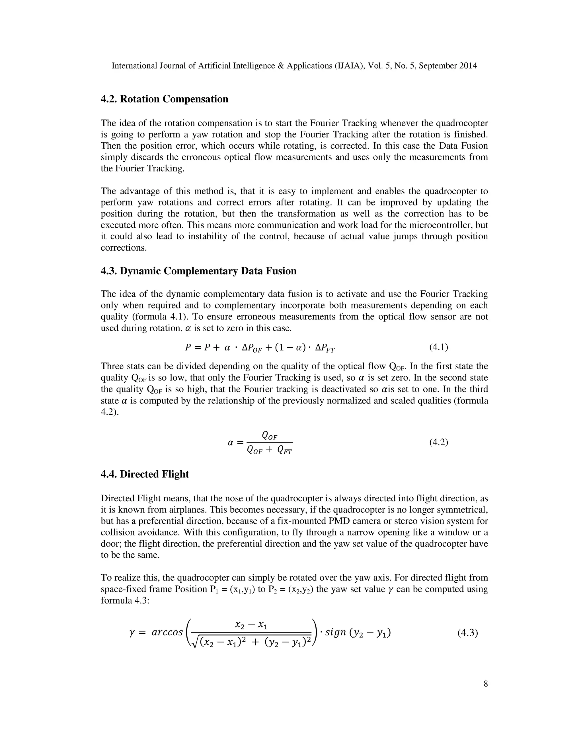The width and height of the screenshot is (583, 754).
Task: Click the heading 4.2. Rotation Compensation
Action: [165, 99]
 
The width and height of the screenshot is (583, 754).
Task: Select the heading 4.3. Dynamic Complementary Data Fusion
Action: [199, 271]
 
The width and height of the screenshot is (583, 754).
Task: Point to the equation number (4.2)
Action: [439, 442]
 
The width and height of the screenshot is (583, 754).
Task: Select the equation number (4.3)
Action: [468, 633]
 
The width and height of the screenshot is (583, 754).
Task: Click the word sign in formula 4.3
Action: [336, 633]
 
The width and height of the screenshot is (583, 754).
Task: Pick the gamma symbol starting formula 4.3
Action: [131, 633]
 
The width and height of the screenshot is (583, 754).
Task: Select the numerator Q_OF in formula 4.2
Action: [270, 436]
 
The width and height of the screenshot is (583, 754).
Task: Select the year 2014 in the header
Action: [468, 66]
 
